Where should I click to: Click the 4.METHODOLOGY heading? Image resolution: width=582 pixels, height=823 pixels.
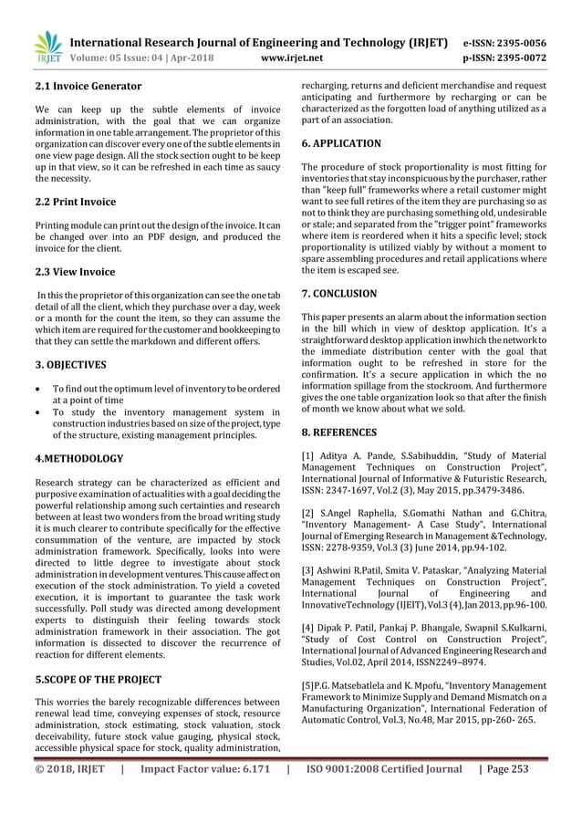coord(72,458)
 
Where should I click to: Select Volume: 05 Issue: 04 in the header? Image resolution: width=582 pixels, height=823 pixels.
coord(113,57)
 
